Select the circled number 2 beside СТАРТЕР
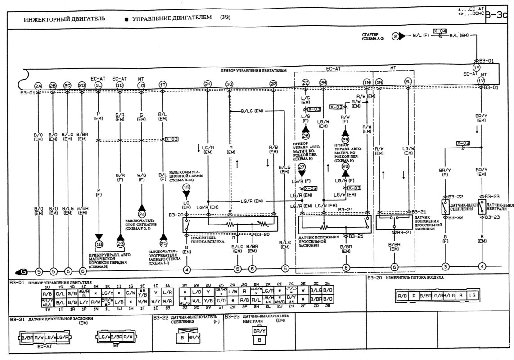pyautogui.click(x=396, y=36)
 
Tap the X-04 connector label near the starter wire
pyautogui.click(x=440, y=31)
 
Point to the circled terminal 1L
pyautogui.click(x=98, y=85)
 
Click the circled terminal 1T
pyautogui.click(x=162, y=85)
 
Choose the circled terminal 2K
pyautogui.click(x=207, y=84)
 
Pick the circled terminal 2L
pyautogui.click(x=408, y=82)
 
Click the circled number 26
pyautogui.click(x=306, y=135)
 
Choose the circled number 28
pyautogui.click(x=346, y=166)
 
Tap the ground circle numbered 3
pyautogui.click(x=446, y=267)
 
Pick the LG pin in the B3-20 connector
pyautogui.click(x=471, y=296)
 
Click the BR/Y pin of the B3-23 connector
pyautogui.click(x=259, y=331)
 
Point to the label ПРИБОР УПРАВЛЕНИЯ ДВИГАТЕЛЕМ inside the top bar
pyautogui.click(x=253, y=71)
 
